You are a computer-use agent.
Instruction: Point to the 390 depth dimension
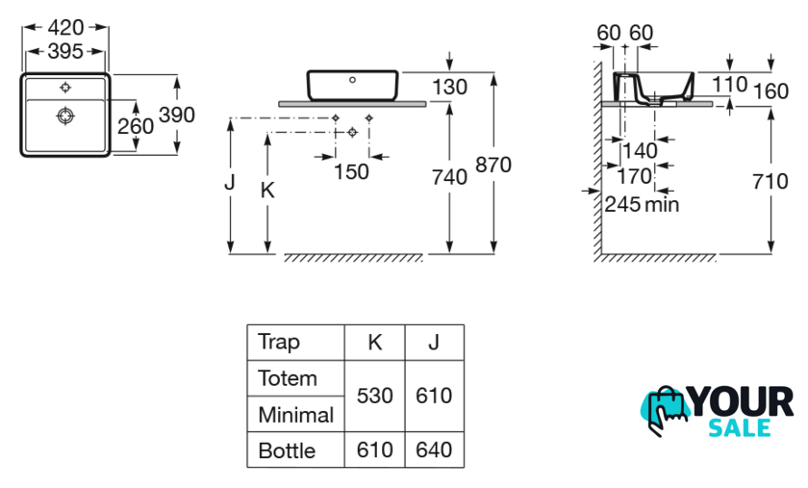pos(177,115)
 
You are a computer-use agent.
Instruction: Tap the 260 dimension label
pos(135,127)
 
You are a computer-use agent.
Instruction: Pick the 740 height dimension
pos(448,177)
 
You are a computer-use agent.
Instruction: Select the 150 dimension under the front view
pos(351,171)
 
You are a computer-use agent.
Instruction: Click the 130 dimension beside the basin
pos(449,88)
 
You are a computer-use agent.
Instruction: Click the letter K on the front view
pos(267,190)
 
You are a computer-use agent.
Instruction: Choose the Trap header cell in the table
pos(279,342)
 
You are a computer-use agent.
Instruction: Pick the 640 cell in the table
pos(433,450)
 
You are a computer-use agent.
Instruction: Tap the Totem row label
pos(288,378)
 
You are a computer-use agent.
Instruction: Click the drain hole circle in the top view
pos(65,117)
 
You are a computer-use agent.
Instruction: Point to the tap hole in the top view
pos(65,88)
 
